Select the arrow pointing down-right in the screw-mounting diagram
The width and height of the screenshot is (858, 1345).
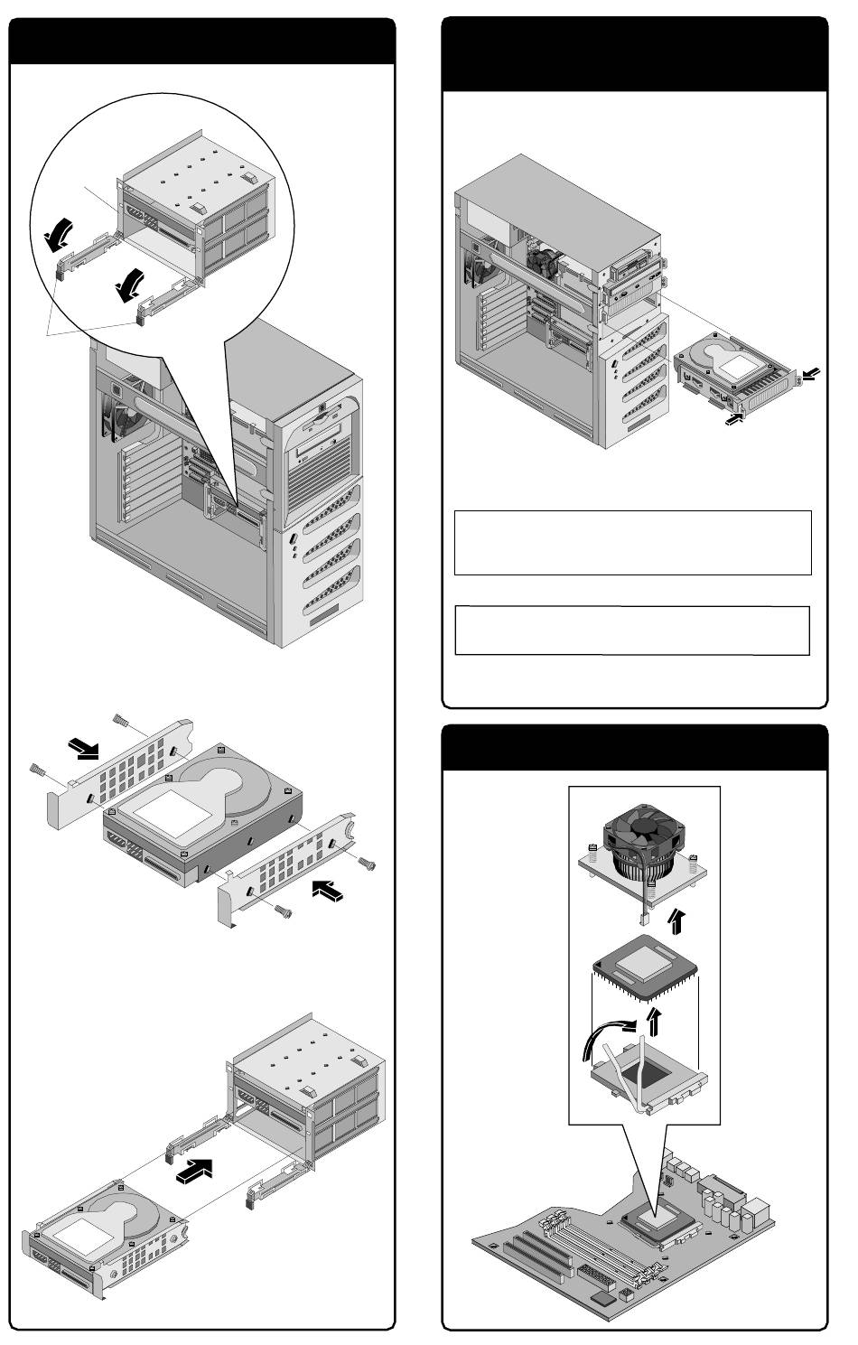point(87,748)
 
